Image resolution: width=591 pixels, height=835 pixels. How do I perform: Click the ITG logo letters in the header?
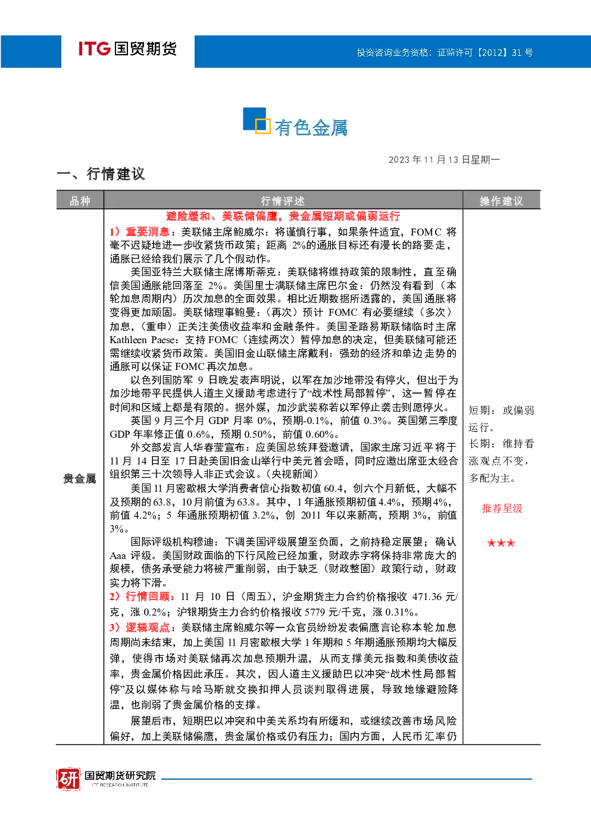point(95,49)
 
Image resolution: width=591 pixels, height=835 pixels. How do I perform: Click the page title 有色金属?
point(311,128)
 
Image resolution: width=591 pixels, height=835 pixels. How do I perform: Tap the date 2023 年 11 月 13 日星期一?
point(444,160)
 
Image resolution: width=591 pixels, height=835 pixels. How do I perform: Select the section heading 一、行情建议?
point(101,174)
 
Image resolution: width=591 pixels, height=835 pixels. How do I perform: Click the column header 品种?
point(80,201)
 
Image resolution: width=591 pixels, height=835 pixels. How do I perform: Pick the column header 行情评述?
point(283,201)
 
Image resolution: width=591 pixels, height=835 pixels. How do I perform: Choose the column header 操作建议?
point(502,201)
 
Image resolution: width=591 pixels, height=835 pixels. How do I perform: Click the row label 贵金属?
point(80,478)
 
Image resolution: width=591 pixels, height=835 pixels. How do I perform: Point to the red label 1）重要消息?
point(139,232)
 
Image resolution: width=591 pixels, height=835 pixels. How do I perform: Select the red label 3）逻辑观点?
point(139,628)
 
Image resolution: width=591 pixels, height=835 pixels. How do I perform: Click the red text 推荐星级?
point(502,508)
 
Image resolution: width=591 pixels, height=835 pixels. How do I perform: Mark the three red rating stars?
point(501,543)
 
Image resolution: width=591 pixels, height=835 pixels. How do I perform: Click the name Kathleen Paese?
point(142,340)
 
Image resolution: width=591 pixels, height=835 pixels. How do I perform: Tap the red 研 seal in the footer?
point(68,779)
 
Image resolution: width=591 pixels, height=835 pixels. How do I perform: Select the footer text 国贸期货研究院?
point(120,776)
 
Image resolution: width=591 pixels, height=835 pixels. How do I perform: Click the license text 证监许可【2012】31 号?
point(485,52)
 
